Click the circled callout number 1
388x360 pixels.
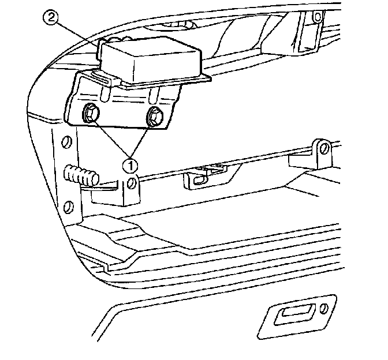[130, 164]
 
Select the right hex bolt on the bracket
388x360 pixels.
[155, 117]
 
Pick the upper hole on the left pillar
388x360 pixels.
[66, 141]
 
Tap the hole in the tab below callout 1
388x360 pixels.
[132, 184]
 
